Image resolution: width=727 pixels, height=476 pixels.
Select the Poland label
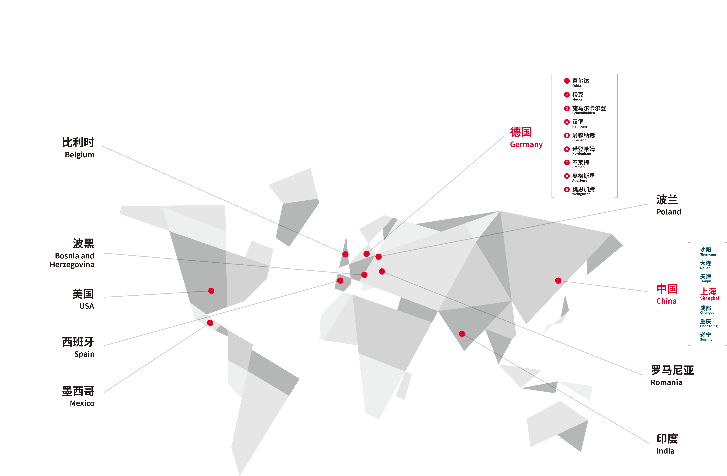pyautogui.click(x=668, y=205)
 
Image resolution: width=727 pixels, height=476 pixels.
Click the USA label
pyautogui.click(x=83, y=299)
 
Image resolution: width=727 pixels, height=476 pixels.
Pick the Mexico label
pyautogui.click(x=78, y=396)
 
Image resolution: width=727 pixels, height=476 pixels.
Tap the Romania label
pyautogui.click(x=672, y=375)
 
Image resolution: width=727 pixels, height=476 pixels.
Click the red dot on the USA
pyautogui.click(x=211, y=291)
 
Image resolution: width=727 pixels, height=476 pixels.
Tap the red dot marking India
pyautogui.click(x=462, y=334)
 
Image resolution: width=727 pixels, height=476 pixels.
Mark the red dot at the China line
pyautogui.click(x=558, y=280)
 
